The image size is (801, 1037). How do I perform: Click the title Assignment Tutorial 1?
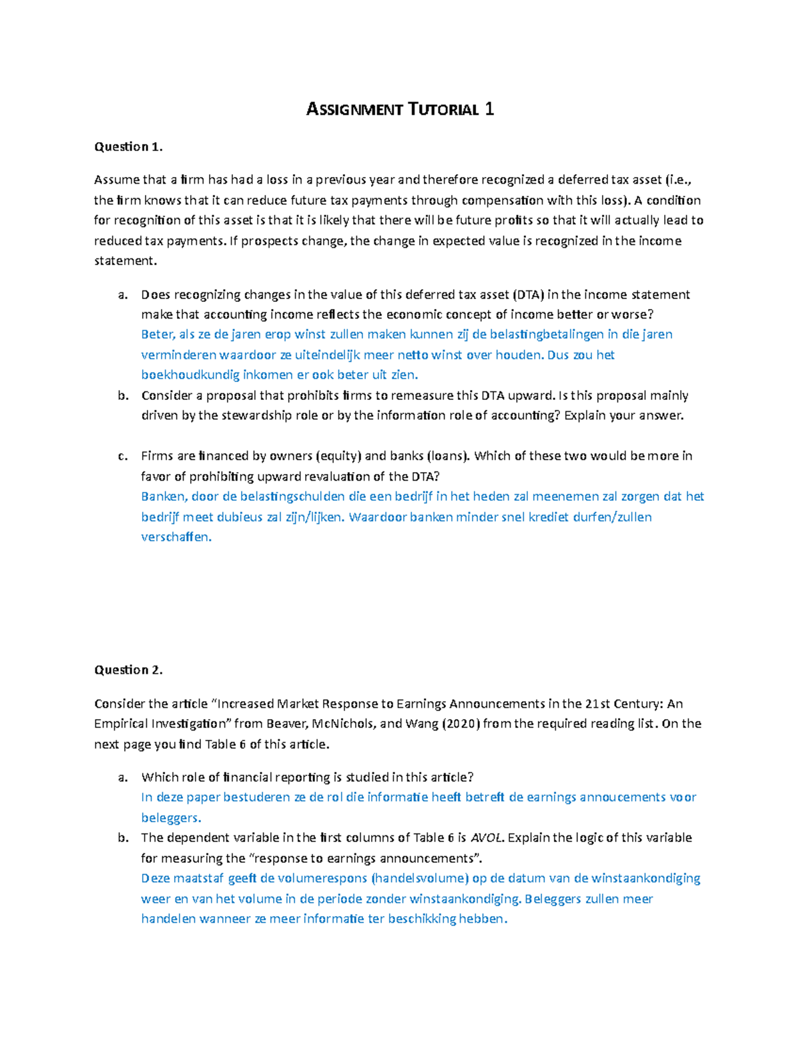400,110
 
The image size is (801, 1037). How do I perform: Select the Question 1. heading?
128,147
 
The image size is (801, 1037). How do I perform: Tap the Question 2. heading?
128,670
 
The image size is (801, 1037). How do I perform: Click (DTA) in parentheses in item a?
528,294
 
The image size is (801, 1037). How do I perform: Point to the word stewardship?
259,415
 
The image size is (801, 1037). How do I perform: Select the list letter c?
122,456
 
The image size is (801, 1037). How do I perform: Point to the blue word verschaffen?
176,537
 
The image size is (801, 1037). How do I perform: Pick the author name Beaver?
284,724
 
